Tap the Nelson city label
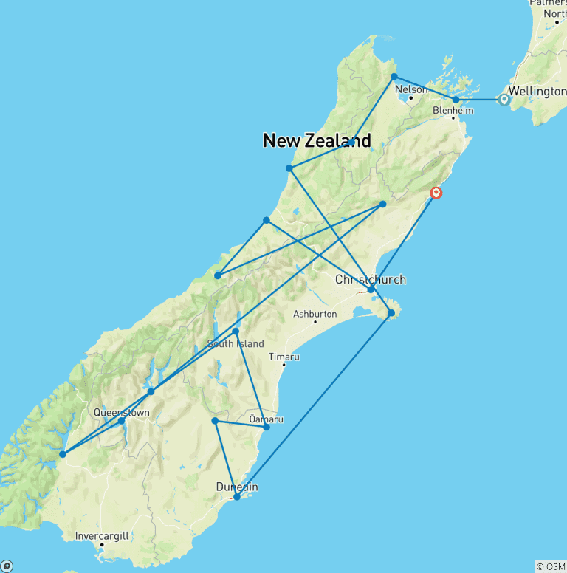[411, 89]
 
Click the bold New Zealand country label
[317, 140]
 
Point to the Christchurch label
[371, 280]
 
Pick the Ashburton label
[315, 314]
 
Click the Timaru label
[283, 357]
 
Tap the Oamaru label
[267, 419]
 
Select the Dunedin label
[237, 487]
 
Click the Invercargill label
[103, 536]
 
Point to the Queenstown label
[122, 413]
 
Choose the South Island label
[236, 343]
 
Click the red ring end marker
[436, 193]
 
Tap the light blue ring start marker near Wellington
[504, 99]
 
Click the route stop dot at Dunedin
[236, 497]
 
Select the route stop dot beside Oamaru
[267, 427]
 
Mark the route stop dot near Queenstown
[121, 421]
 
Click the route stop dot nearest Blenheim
[456, 99]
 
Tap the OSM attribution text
[550, 566]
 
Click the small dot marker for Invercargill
[102, 545]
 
